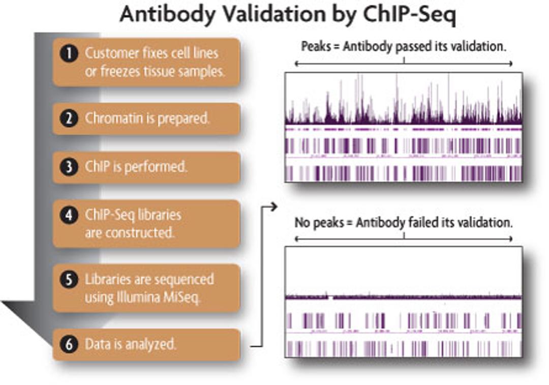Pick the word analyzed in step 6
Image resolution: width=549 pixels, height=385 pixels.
(x=150, y=344)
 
